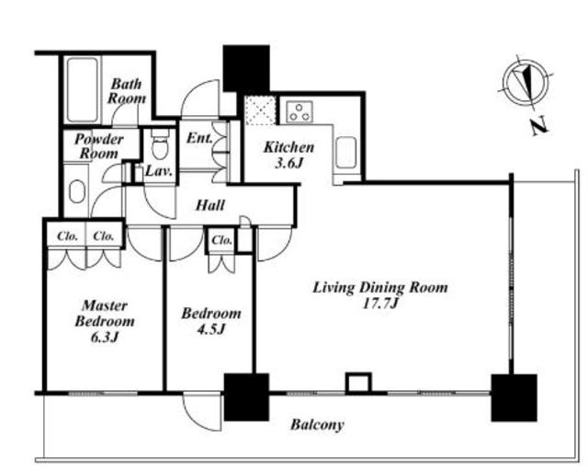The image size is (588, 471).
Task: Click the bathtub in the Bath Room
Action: pos(82,90)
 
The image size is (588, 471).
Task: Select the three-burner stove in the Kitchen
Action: pos(300,111)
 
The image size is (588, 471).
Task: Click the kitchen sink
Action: pos(345,153)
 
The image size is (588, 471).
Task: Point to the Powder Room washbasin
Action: pos(77,191)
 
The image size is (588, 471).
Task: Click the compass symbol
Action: pos(526,82)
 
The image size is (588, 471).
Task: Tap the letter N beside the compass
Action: pos(539,127)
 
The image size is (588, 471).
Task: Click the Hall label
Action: pos(210,205)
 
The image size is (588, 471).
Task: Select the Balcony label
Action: pos(317,424)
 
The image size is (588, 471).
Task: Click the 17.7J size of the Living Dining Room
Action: pos(379,304)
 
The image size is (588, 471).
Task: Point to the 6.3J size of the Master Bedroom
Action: pos(105,338)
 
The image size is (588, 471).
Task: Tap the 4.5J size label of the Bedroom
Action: pos(210,329)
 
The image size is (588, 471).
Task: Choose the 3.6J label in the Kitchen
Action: pos(288,163)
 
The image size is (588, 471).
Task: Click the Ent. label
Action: pos(199,138)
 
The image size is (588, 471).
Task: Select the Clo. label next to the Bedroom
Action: pos(222,240)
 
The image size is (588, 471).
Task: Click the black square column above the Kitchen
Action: pos(246,68)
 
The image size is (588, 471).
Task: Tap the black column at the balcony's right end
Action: pos(514,397)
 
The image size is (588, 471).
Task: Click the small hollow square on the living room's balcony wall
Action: pos(359,383)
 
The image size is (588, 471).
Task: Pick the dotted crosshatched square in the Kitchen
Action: pos(261,110)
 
